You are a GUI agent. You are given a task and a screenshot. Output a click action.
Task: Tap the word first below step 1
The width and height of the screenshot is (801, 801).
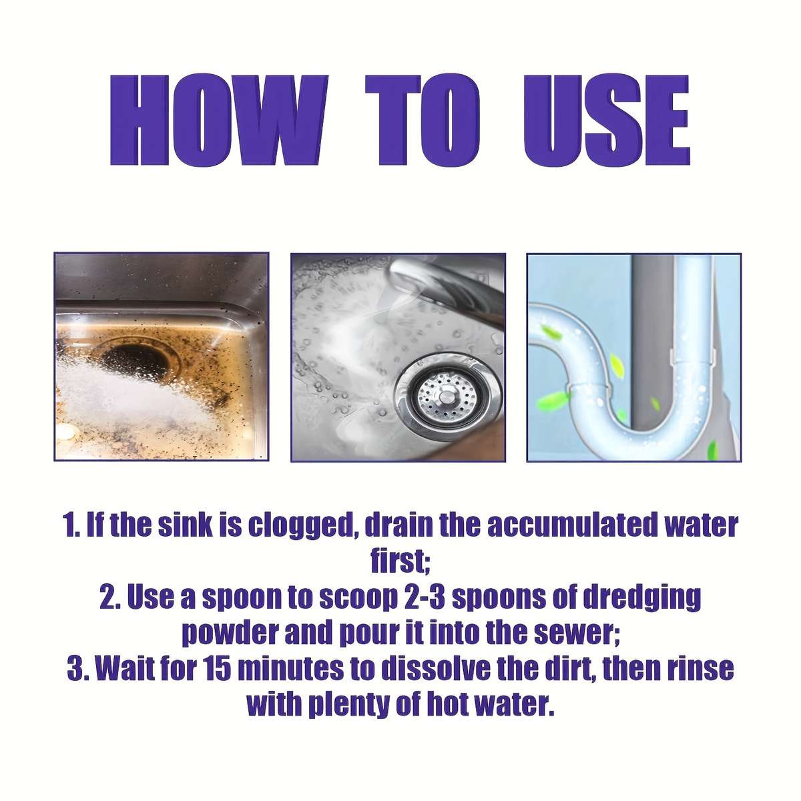pos(400,561)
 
